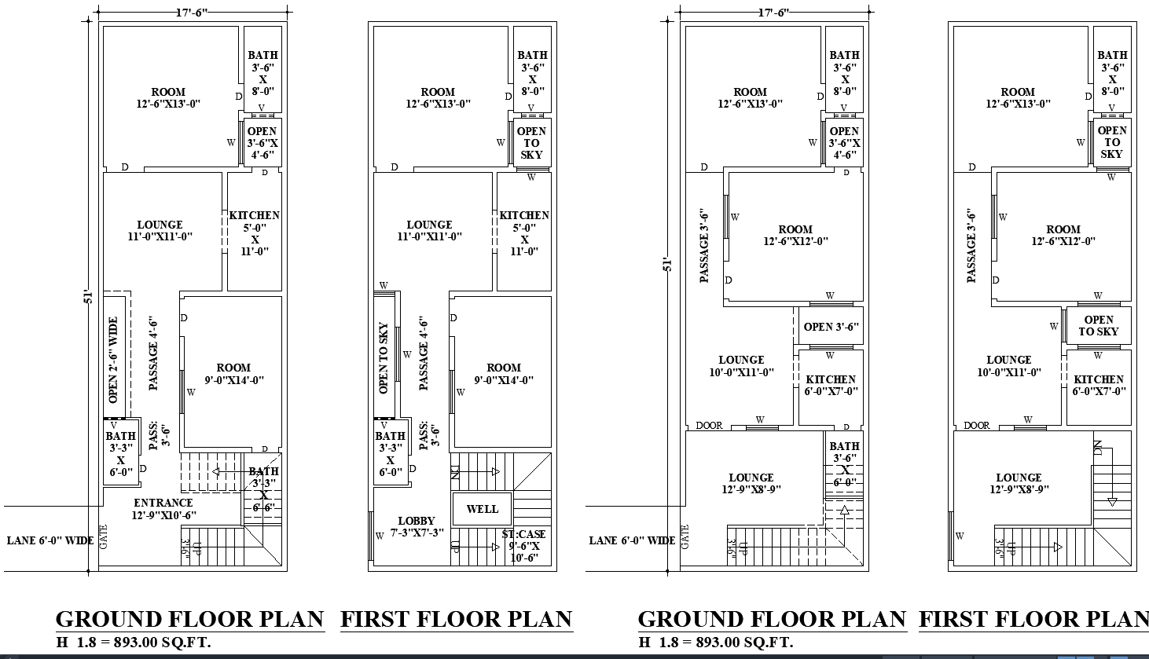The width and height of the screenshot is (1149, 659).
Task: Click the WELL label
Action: (482, 509)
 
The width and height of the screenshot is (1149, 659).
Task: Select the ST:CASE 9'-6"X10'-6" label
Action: (523, 546)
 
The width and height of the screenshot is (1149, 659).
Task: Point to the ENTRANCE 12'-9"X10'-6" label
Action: (163, 509)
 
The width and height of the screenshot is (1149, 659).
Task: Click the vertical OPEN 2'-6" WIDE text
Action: (113, 360)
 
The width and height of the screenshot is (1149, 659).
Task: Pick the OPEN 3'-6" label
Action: (831, 327)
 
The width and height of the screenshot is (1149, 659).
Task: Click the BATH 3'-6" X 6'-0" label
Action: (845, 464)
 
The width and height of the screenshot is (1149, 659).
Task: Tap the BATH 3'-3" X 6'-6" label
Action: (263, 489)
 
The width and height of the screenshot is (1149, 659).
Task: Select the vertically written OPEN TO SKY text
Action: (384, 358)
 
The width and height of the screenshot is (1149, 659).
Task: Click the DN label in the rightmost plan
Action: (1098, 448)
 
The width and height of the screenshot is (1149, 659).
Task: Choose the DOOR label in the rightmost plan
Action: (977, 426)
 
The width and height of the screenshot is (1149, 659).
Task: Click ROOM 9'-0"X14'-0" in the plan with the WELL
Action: (504, 374)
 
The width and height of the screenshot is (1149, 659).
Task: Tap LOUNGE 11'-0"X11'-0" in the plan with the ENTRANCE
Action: (160, 230)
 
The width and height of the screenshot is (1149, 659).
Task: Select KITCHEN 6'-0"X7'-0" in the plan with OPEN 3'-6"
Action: (831, 385)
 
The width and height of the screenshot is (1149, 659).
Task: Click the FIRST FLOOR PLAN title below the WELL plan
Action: (457, 620)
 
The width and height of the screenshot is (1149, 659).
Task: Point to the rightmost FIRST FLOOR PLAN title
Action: (1033, 620)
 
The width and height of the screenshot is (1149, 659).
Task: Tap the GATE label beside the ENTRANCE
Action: (103, 536)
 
